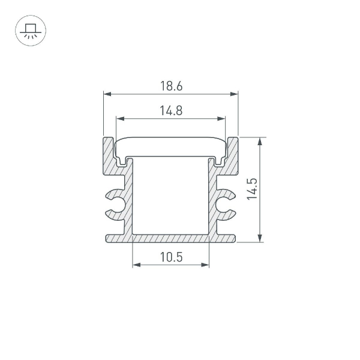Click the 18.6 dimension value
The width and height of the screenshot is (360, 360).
tap(171, 86)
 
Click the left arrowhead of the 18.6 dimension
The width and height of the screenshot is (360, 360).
tap(107, 94)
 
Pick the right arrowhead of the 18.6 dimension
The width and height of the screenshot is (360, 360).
tap(235, 94)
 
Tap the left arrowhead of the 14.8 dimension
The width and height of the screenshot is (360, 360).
tap(119, 118)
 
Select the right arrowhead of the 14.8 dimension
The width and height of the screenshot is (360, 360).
tap(223, 118)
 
